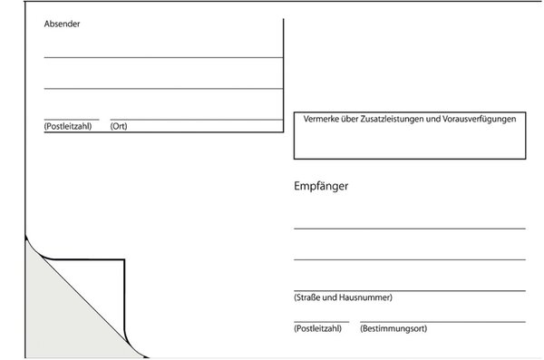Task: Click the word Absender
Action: [x=62, y=24]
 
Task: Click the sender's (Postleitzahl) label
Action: [x=68, y=126]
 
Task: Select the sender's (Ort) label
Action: [x=119, y=126]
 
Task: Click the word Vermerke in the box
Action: [x=321, y=119]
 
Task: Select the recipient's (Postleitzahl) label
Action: [x=317, y=328]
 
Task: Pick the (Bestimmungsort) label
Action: [x=393, y=328]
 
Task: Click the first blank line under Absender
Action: [x=163, y=57]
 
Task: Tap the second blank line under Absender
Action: [x=163, y=89]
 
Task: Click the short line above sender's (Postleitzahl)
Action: [x=71, y=119]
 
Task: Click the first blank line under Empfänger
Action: [x=409, y=229]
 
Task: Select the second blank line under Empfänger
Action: [x=409, y=260]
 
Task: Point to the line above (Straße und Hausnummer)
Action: [x=409, y=290]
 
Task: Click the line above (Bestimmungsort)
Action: [x=442, y=322]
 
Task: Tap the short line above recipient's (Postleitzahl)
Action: [x=321, y=322]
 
